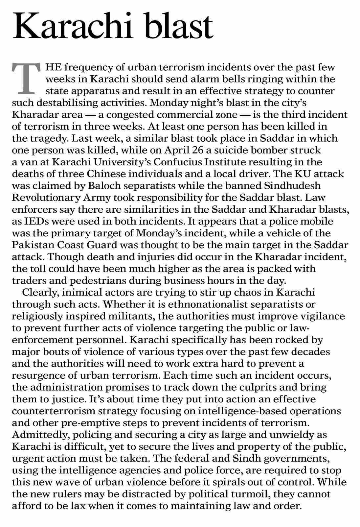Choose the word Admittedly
[x=40, y=434]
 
